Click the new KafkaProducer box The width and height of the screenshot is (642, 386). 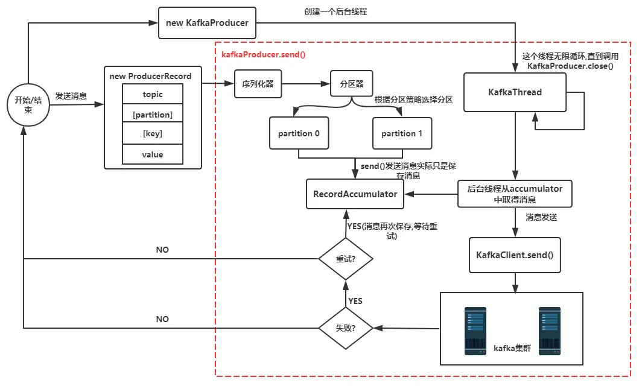[207, 23]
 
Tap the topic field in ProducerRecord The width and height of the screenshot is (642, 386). [153, 95]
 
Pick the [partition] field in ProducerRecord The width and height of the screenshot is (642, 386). [153, 115]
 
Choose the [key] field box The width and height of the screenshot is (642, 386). [153, 134]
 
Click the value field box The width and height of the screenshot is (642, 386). [153, 154]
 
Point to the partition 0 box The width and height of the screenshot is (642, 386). [299, 133]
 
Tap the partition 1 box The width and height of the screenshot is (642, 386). [402, 133]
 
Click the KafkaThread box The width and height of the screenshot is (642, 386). [515, 92]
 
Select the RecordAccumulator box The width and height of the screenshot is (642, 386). [355, 194]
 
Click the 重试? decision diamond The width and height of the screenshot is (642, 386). [346, 259]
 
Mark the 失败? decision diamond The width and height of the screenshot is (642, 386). [346, 328]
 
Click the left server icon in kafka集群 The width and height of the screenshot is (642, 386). [475, 331]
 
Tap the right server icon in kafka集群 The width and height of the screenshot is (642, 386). [550, 331]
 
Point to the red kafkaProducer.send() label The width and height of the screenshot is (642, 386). [264, 54]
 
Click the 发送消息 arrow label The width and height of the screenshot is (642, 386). [71, 95]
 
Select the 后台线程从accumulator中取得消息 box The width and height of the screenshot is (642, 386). [515, 194]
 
